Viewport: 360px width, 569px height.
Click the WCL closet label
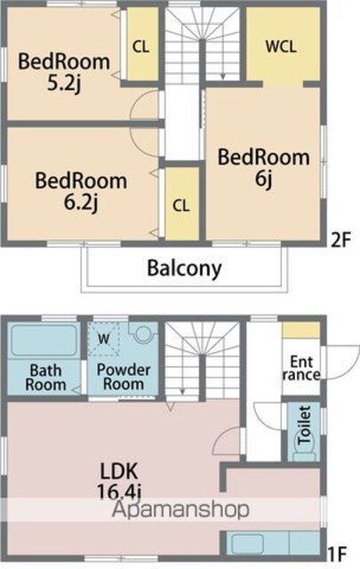pyautogui.click(x=281, y=46)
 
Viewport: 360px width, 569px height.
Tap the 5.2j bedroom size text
pyautogui.click(x=64, y=84)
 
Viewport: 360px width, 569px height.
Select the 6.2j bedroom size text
pyautogui.click(x=81, y=203)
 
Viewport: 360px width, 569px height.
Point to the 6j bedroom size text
pyautogui.click(x=264, y=179)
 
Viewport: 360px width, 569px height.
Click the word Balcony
pyautogui.click(x=184, y=268)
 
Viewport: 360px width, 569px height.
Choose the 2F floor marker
pyautogui.click(x=341, y=240)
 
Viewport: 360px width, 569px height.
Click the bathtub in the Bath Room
pyautogui.click(x=44, y=341)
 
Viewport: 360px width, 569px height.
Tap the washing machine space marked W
pyautogui.click(x=103, y=339)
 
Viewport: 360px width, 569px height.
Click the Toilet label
pyautogui.click(x=304, y=425)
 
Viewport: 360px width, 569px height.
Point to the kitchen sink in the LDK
pyautogui.click(x=247, y=543)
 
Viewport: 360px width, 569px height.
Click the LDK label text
pyautogui.click(x=119, y=471)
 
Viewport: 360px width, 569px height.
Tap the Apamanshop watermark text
pyautogui.click(x=180, y=509)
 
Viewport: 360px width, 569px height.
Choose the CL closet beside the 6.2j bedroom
pyautogui.click(x=182, y=204)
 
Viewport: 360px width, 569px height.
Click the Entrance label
pyautogui.click(x=301, y=368)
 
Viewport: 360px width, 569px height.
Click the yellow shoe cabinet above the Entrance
pyautogui.click(x=301, y=330)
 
